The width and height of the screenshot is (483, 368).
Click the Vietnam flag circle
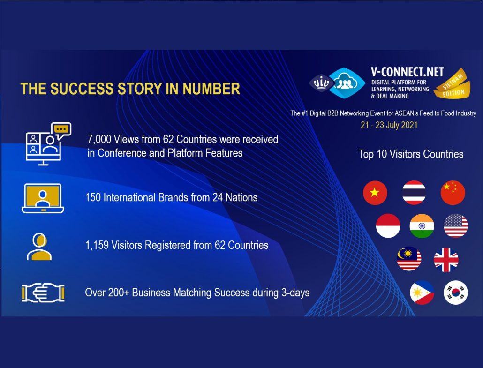[375, 193]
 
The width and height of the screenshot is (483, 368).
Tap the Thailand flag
[414, 193]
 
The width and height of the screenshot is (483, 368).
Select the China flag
[453, 193]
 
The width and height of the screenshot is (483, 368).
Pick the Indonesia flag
[388, 226]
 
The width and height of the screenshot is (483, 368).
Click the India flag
[422, 226]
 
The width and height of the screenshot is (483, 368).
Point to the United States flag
[456, 226]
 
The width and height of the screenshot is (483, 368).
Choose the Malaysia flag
[409, 259]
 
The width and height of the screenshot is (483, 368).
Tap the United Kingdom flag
[446, 260]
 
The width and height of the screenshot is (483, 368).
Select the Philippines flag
[422, 292]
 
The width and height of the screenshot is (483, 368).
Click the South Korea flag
[456, 292]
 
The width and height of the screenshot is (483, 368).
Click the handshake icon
[43, 293]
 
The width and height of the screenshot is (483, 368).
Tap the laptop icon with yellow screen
[43, 198]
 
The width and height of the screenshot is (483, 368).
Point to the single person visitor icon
[39, 247]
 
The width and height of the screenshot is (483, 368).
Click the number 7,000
[99, 139]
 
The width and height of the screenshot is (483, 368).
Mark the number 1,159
[97, 245]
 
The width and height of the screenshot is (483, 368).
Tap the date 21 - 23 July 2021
[389, 125]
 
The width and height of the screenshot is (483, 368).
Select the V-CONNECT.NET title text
[407, 72]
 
